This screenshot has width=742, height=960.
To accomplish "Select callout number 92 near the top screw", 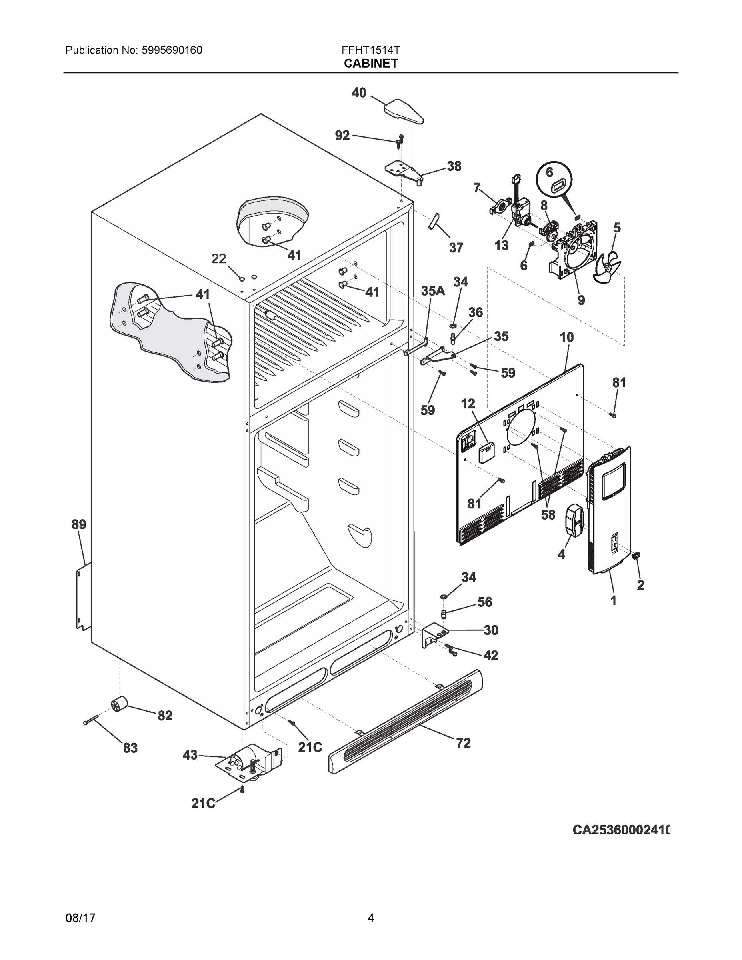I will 342,135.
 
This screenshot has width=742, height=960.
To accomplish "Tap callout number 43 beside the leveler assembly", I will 190,755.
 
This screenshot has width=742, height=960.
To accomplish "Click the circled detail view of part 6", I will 555,180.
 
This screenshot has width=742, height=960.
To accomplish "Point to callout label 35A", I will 433,290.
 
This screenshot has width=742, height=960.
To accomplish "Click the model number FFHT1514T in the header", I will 370,50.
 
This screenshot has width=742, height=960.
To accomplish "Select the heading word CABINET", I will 370,64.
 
